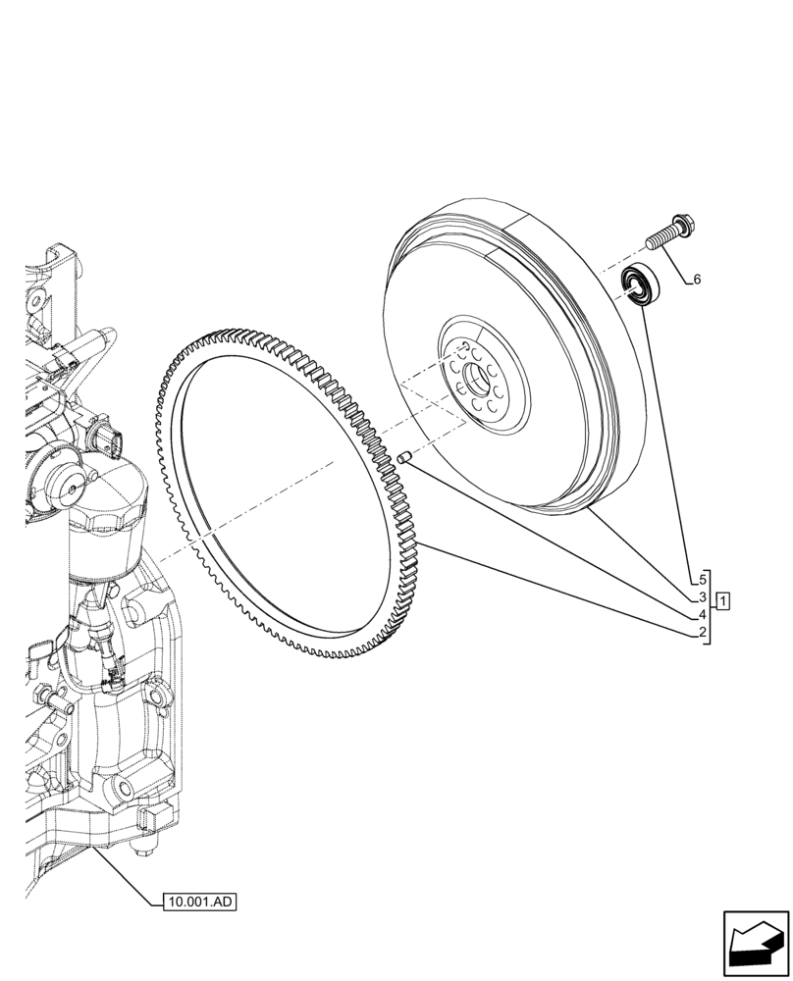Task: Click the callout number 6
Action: click(x=697, y=280)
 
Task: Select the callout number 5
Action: click(x=703, y=579)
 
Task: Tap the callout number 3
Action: click(x=703, y=597)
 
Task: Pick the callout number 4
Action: click(x=703, y=615)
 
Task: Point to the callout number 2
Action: click(x=703, y=634)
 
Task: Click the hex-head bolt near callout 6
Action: click(x=669, y=233)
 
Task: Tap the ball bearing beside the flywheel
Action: click(x=641, y=284)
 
